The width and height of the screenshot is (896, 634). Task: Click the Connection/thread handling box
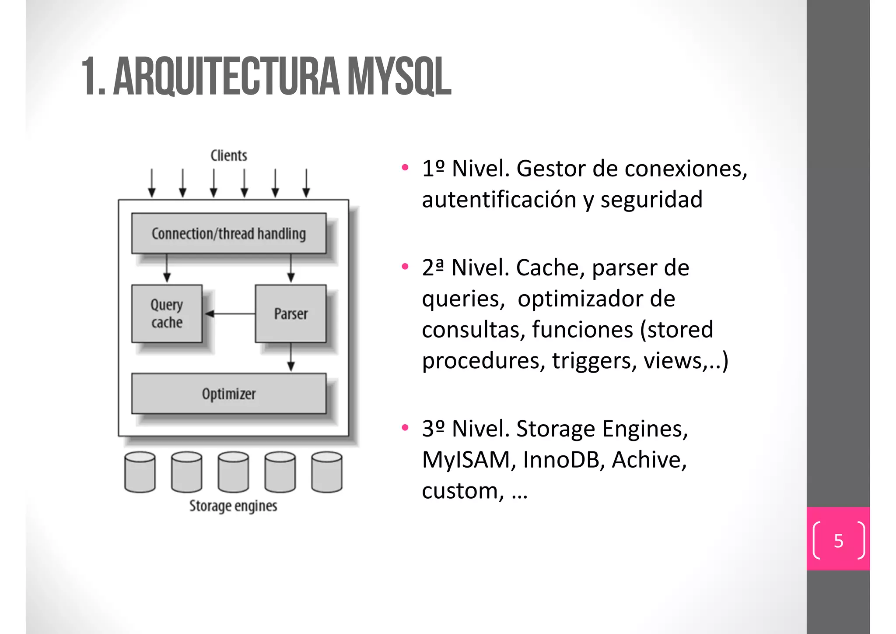pos(229,233)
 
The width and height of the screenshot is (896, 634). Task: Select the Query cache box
pos(167,313)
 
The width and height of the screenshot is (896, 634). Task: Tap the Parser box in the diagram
pos(290,313)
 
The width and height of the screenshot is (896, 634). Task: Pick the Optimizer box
pos(229,394)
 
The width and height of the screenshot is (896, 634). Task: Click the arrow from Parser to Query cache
pos(230,313)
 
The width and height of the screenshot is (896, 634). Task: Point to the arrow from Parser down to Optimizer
pos(291,357)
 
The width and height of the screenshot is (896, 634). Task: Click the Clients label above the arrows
pos(229,155)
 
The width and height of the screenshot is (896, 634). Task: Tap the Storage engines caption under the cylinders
pos(233,506)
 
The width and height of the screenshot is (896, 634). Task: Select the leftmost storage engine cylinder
pos(140,472)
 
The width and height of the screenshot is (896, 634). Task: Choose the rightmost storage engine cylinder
pos(327,472)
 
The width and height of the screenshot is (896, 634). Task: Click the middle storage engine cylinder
pos(233,472)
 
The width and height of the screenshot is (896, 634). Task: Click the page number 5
pos(838,541)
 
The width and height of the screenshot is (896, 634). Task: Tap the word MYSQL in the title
pos(399,77)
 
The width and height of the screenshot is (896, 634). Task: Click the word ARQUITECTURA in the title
pos(226,77)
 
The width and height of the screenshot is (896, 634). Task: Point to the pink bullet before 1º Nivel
pos(405,167)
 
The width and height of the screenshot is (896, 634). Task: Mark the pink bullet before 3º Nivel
pos(405,427)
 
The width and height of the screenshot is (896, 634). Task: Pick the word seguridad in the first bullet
pos(651,200)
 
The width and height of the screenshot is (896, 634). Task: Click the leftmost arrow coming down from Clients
pos(152,183)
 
